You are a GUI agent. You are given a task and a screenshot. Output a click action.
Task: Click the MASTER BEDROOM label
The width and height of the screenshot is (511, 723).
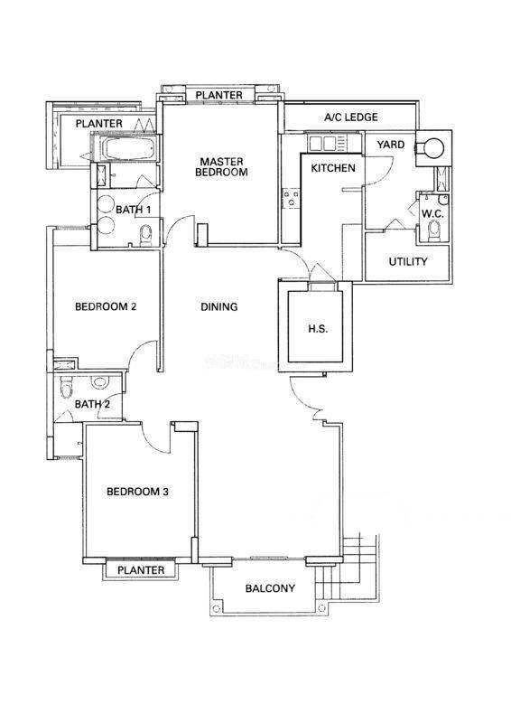tap(221, 167)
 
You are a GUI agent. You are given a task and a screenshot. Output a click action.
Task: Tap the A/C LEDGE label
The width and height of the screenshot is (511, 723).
tap(350, 117)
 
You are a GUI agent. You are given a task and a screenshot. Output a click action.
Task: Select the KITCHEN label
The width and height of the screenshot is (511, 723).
tap(333, 168)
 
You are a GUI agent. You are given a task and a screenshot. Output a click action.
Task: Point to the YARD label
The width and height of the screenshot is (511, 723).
tap(391, 145)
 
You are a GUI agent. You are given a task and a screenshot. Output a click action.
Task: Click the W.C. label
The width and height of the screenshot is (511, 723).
tap(432, 214)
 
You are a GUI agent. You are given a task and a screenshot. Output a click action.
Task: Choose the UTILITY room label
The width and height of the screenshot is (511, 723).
tap(408, 261)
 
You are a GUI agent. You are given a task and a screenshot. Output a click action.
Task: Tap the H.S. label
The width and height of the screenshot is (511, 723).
tap(318, 329)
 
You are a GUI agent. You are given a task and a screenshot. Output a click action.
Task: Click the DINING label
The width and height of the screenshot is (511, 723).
tap(219, 306)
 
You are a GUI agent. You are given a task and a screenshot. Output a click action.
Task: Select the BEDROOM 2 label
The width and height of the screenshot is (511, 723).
tap(106, 306)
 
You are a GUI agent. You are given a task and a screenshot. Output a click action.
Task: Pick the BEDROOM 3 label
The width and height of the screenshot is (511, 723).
tap(137, 492)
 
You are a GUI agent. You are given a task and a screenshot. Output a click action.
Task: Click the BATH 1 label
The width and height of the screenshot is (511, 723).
tap(133, 210)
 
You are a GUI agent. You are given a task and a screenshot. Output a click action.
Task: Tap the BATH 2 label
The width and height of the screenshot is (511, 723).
tap(92, 404)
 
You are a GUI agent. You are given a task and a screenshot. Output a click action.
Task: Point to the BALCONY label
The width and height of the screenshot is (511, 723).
tap(270, 588)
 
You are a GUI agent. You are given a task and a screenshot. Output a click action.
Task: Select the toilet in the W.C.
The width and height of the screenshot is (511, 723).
tap(434, 230)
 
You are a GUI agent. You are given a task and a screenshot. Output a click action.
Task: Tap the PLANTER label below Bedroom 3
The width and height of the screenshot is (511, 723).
tap(141, 570)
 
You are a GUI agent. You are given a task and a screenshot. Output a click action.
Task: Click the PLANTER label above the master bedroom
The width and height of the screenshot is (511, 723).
tap(218, 95)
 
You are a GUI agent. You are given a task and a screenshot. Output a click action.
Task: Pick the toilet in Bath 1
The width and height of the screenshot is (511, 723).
tap(145, 234)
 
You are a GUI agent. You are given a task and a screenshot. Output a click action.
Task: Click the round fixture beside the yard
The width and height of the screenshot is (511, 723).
tap(434, 148)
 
